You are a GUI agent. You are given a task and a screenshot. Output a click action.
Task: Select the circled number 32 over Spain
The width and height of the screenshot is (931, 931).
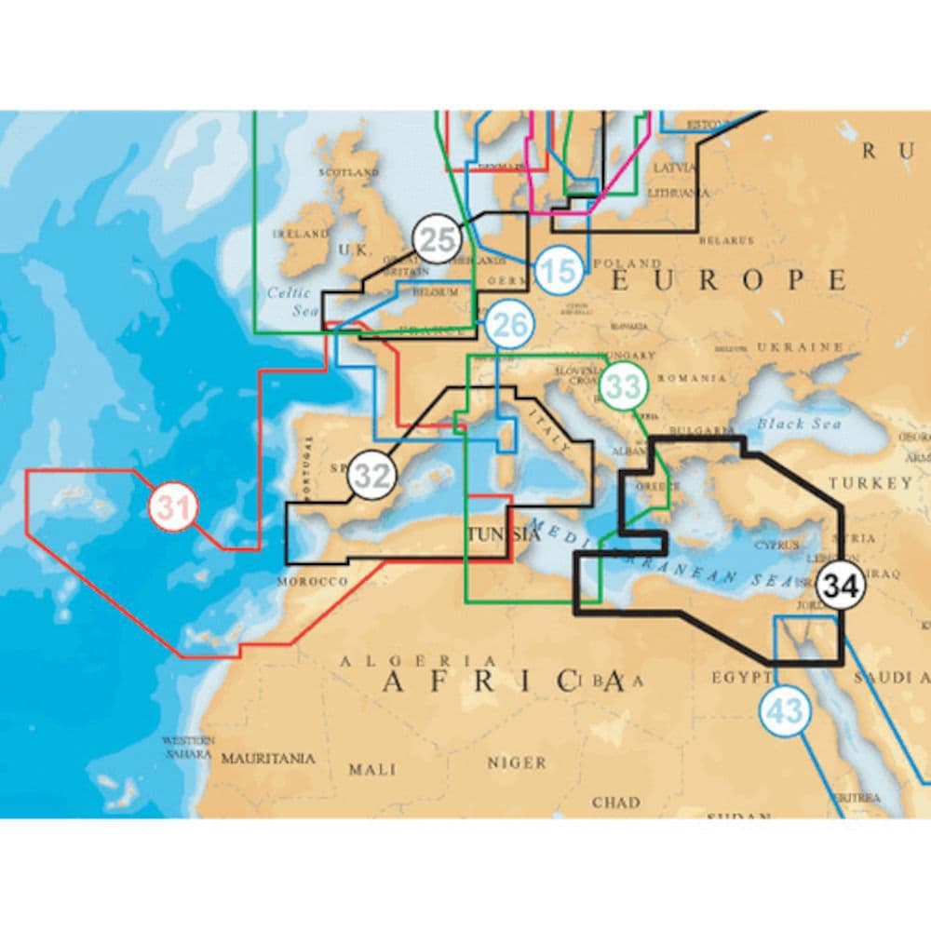coord(372,476)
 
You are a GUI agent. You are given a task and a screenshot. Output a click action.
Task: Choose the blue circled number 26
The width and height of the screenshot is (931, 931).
coord(509,326)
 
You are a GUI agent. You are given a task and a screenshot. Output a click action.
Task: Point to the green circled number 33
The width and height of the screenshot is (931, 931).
coord(623,385)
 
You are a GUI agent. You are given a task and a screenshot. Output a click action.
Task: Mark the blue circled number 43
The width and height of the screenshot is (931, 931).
coord(786,712)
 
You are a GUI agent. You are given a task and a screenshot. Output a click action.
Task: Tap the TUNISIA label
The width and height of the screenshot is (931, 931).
coord(502,534)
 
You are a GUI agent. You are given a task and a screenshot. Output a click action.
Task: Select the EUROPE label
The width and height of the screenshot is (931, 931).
coord(727,279)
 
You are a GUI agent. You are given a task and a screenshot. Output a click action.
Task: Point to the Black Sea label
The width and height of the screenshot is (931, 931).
coord(798,424)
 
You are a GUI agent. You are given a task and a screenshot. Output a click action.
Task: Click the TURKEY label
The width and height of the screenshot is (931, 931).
coord(871,482)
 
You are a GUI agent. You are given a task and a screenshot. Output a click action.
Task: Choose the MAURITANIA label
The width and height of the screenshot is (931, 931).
coord(267,758)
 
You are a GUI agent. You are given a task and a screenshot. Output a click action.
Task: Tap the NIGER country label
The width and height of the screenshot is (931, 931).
coord(517,762)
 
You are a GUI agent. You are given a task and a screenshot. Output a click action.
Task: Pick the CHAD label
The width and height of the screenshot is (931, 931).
coord(615,801)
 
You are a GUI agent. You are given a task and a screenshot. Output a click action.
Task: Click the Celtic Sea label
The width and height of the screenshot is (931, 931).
coord(289,300)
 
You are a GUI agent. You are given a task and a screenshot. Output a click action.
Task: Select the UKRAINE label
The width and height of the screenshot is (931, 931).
coord(800,346)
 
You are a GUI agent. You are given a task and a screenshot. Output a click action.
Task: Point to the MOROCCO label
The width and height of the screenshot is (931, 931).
coord(312,581)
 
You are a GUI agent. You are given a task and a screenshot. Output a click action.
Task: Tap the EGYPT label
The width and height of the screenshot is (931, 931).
coord(741,677)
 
